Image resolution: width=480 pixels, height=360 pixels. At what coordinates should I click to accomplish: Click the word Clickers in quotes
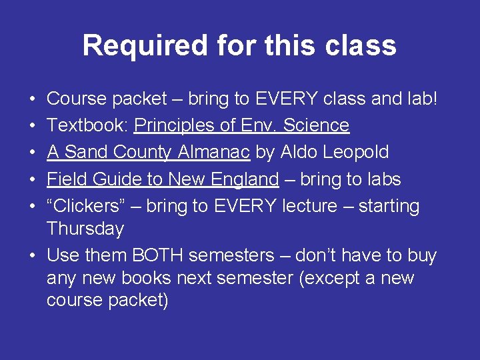(92, 206)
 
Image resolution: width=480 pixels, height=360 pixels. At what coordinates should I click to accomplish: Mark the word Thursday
(85, 229)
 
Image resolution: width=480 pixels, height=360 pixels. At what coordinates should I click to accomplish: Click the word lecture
(310, 206)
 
